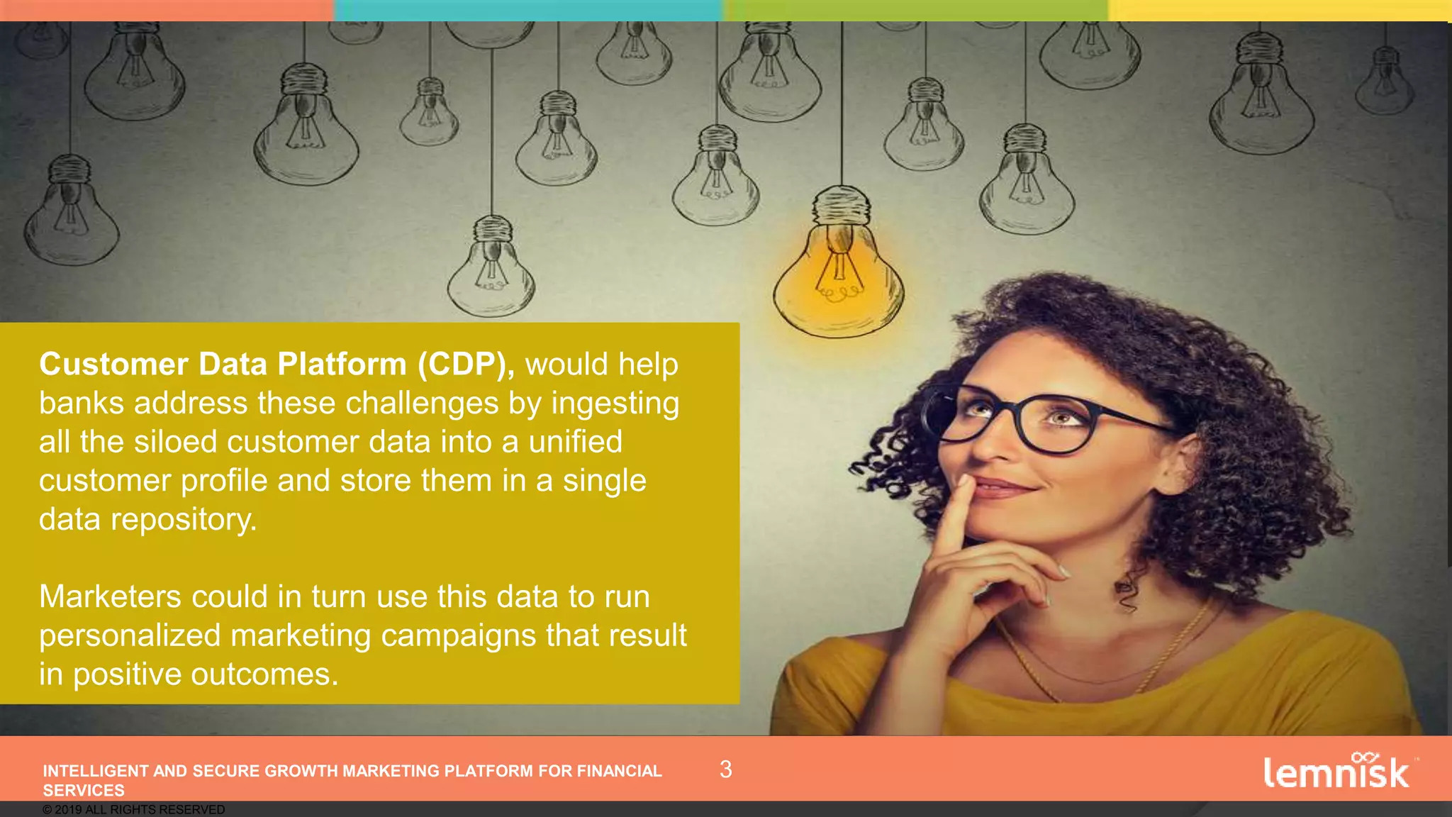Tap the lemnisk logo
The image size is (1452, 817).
pos(1337,772)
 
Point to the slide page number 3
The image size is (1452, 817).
pos(725,769)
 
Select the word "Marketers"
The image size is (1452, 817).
pos(110,596)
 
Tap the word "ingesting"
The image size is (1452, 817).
pos(615,404)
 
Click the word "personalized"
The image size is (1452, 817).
pos(130,636)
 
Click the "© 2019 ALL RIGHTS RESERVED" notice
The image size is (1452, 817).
pos(133,810)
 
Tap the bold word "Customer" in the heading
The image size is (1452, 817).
pos(113,365)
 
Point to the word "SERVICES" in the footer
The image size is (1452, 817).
pos(84,791)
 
